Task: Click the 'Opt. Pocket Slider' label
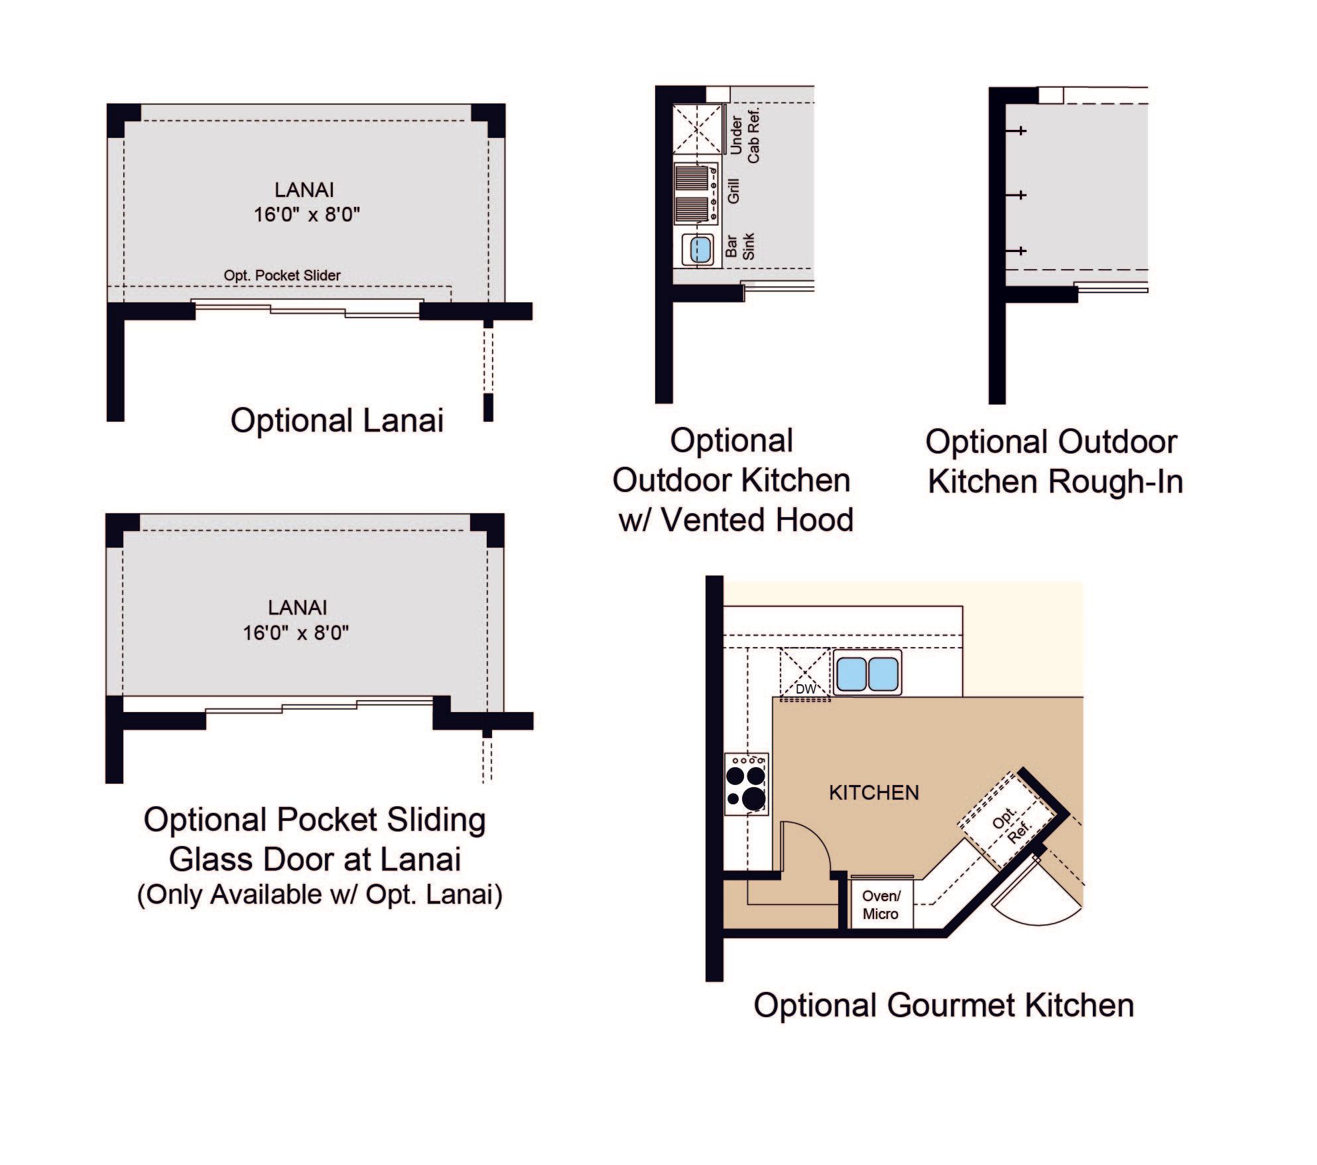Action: tap(282, 275)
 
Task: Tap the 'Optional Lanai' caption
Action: tap(337, 420)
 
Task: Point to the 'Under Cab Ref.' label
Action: tap(745, 137)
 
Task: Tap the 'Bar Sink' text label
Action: tap(740, 246)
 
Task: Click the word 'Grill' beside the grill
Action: tap(733, 190)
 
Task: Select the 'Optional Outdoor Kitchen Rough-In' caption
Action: tap(1054, 461)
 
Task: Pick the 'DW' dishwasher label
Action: tap(806, 689)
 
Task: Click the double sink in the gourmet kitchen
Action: tap(867, 673)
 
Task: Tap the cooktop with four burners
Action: tap(746, 784)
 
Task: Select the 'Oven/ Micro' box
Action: tap(881, 904)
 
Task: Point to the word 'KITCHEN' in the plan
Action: tap(874, 792)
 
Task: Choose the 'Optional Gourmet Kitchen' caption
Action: tap(944, 1005)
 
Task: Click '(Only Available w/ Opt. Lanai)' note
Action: tap(320, 894)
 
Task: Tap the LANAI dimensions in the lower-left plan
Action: tap(296, 633)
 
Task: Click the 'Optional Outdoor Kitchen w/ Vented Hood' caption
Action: tap(732, 480)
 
